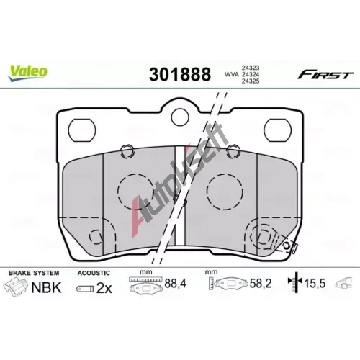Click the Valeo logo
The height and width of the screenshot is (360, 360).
(x=27, y=73)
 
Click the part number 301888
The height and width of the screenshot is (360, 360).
(x=180, y=74)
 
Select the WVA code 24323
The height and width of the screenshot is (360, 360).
(x=251, y=68)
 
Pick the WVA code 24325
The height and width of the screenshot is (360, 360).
(x=251, y=81)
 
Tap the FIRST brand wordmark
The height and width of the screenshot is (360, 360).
(x=325, y=75)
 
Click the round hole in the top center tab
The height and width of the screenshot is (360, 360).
(x=180, y=117)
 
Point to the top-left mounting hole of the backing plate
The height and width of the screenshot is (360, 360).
(x=82, y=130)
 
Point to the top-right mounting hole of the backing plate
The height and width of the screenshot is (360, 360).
(x=278, y=130)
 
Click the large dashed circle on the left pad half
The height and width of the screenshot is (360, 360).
(x=135, y=192)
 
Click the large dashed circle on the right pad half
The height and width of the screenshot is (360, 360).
(x=225, y=192)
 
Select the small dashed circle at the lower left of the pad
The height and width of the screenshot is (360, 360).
(x=96, y=237)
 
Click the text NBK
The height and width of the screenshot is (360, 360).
(x=47, y=287)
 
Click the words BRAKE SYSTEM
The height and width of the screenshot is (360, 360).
(x=34, y=273)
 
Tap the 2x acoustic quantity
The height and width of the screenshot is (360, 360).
(x=104, y=288)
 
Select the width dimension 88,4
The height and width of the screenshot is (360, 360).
(x=176, y=284)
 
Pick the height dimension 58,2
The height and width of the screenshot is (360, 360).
(x=261, y=284)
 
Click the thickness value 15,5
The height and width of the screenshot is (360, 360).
(x=315, y=284)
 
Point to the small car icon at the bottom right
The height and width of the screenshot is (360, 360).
(x=344, y=283)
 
